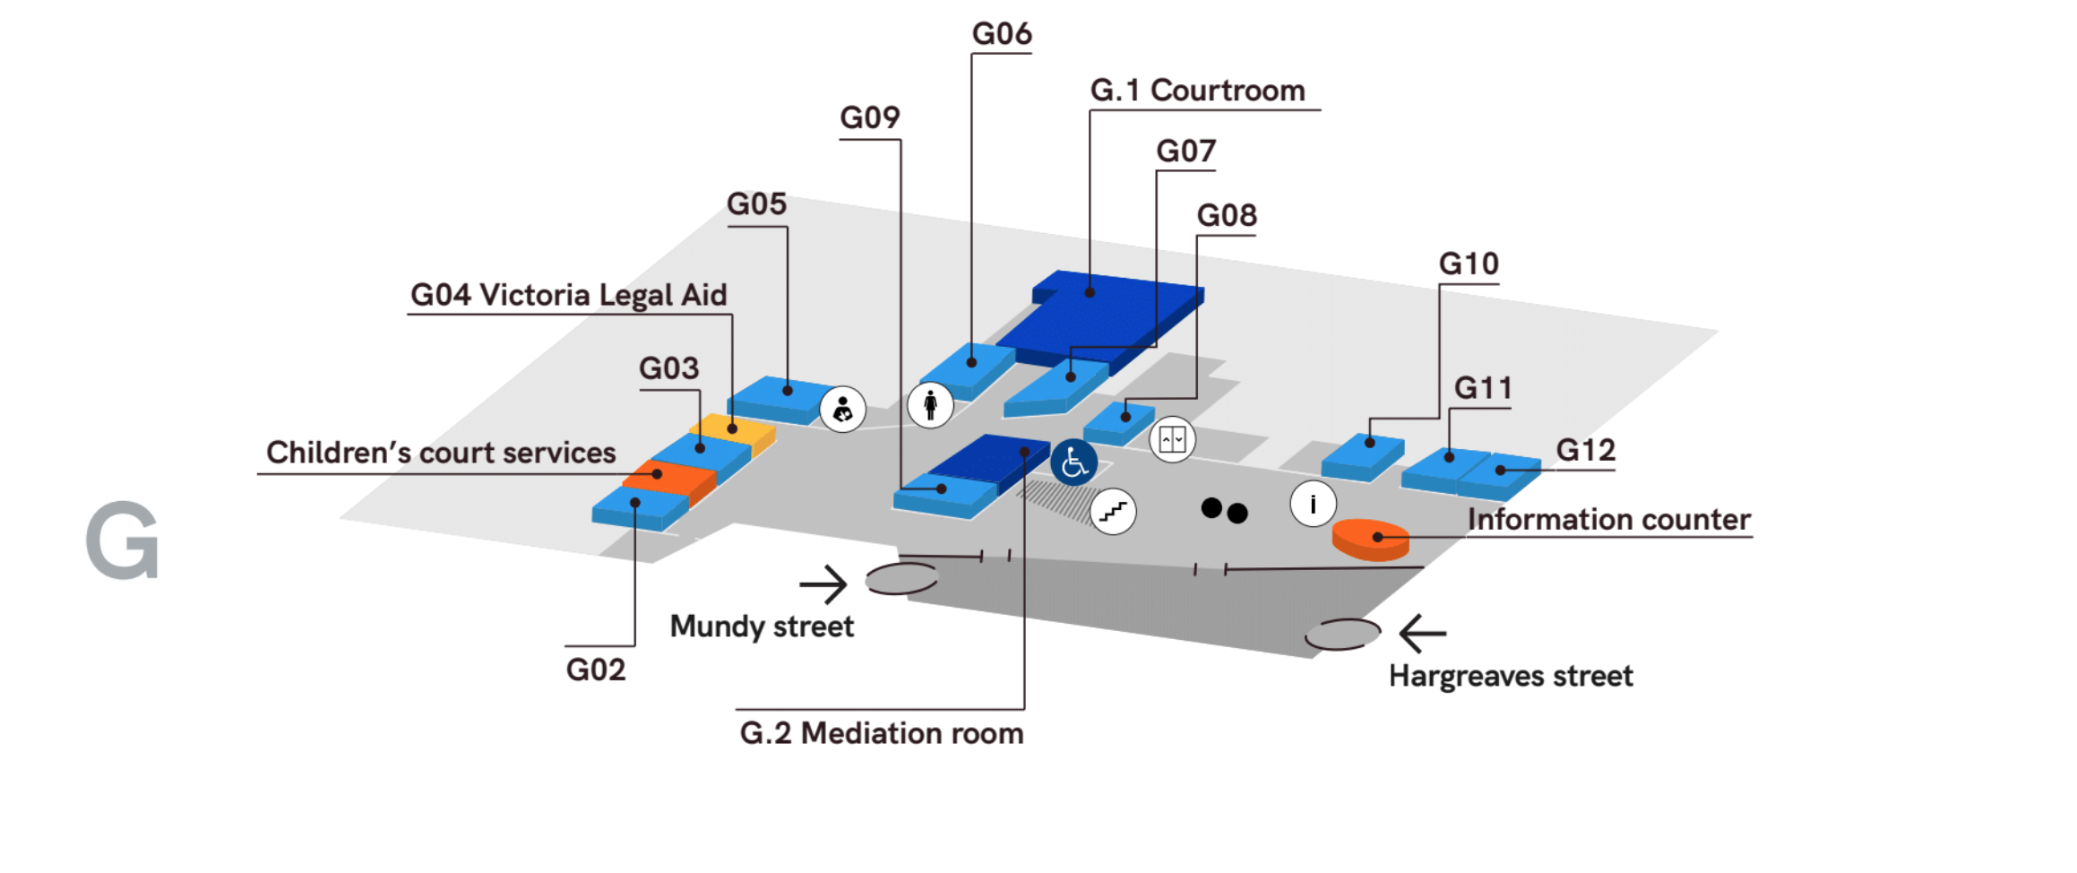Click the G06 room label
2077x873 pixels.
(x=1001, y=34)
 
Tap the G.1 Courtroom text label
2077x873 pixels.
(x=1197, y=91)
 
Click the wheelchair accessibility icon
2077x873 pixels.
(x=1073, y=462)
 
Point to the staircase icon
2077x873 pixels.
(x=1113, y=512)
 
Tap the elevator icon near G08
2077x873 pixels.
(x=1172, y=439)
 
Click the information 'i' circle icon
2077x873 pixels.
(x=1313, y=504)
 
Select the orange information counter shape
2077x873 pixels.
(x=1369, y=539)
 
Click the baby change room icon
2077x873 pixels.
(x=842, y=410)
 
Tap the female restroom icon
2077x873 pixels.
(x=930, y=404)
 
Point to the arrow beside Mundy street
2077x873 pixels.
(x=823, y=584)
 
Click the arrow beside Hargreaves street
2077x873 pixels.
(x=1423, y=633)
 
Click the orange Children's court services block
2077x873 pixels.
(x=670, y=479)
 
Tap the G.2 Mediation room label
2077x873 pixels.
(x=881, y=733)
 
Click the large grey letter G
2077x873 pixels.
(x=123, y=540)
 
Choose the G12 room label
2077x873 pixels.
(x=1584, y=450)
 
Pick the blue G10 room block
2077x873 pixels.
(x=1361, y=455)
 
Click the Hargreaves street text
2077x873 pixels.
(x=1510, y=676)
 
